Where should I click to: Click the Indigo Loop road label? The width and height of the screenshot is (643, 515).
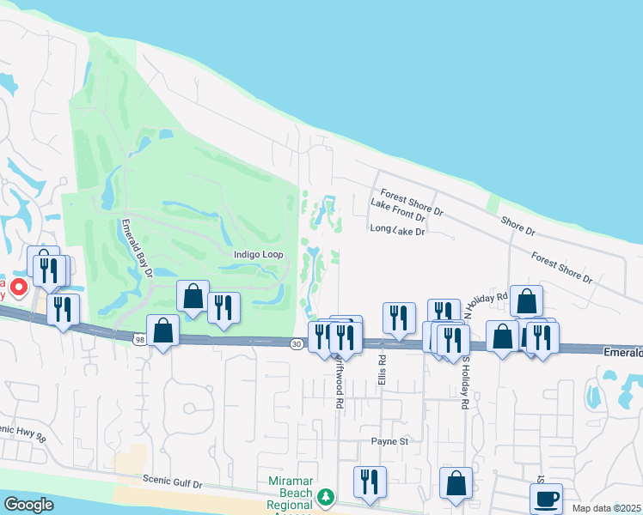tap(259, 255)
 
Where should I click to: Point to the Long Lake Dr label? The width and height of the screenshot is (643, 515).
tap(397, 230)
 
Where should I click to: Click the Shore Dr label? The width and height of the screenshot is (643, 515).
tap(517, 226)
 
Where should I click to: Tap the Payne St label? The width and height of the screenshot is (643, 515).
tap(389, 441)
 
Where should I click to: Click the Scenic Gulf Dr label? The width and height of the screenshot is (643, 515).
tap(173, 483)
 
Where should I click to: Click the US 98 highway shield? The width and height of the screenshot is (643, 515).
tap(139, 340)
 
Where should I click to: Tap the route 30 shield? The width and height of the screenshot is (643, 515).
tap(296, 343)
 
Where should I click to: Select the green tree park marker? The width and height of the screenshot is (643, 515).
tap(325, 497)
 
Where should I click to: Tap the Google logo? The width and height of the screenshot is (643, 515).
tap(28, 504)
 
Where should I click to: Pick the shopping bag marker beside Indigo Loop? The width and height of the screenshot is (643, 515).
tap(193, 296)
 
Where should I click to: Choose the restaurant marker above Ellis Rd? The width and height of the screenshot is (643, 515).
tap(399, 318)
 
